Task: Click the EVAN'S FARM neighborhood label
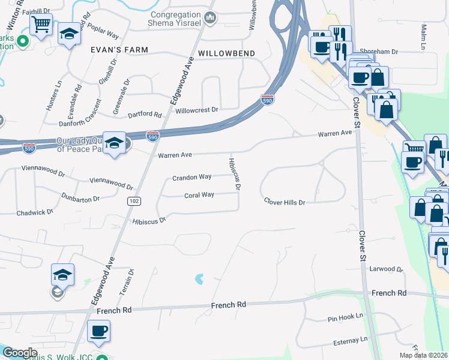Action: (x=120, y=50)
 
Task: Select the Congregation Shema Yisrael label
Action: (x=174, y=18)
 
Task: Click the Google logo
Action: (x=20, y=353)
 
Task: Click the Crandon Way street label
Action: (x=191, y=177)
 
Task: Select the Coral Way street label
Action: (x=199, y=195)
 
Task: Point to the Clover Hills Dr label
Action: (x=285, y=202)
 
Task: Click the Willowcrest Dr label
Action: (x=196, y=110)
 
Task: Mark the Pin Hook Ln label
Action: (x=346, y=316)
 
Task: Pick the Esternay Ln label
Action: (x=350, y=341)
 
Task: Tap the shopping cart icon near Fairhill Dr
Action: (x=41, y=25)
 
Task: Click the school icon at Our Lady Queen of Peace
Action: (x=114, y=143)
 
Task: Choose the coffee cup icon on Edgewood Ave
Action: (x=98, y=331)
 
